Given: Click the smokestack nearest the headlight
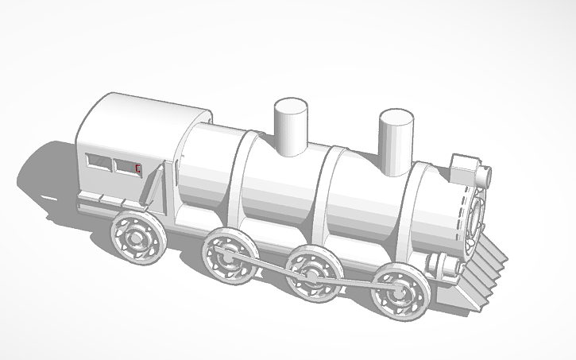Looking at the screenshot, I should click(x=396, y=141).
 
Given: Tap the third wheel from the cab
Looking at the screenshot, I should click(x=313, y=274).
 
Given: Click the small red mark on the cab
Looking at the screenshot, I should click(x=138, y=168).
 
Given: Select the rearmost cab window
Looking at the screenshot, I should click(x=99, y=162).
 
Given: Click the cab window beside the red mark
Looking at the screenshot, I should click(x=125, y=166).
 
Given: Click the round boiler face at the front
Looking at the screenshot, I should click(x=477, y=215).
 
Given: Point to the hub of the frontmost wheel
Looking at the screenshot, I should click(x=397, y=291).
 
